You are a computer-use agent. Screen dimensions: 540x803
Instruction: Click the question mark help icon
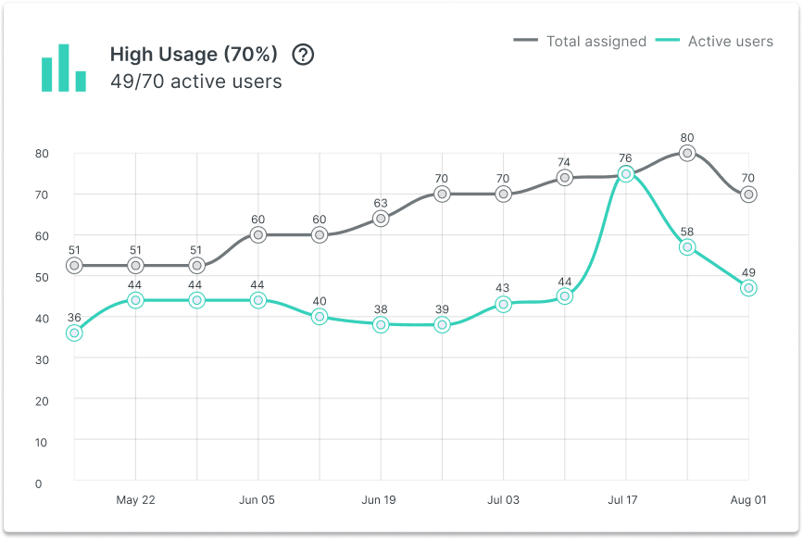(303, 55)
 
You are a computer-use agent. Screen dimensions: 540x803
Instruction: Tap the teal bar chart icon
(63, 69)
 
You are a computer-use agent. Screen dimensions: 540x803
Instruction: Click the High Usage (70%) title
(194, 55)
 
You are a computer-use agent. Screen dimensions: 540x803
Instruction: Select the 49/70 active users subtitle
(195, 82)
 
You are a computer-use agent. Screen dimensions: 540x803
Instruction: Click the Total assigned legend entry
(580, 41)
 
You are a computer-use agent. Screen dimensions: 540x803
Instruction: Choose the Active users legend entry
(714, 41)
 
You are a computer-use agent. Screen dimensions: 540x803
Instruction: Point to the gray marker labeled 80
(686, 153)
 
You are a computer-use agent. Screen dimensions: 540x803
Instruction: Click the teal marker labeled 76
(626, 174)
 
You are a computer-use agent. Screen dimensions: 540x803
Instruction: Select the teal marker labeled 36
(74, 333)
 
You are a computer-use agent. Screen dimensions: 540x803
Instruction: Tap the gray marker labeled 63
(381, 219)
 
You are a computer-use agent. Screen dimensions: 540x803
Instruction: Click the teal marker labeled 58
(686, 247)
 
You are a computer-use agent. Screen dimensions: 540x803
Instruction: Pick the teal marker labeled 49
(748, 288)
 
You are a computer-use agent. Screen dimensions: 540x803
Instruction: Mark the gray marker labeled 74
(564, 178)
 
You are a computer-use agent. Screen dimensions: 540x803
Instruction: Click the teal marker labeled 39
(442, 325)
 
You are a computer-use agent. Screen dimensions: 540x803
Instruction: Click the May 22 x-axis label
(135, 500)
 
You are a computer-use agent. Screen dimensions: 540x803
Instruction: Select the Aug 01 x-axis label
(747, 500)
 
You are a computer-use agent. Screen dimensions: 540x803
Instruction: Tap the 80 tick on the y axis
(41, 153)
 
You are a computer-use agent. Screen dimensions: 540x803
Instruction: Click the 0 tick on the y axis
(38, 483)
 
